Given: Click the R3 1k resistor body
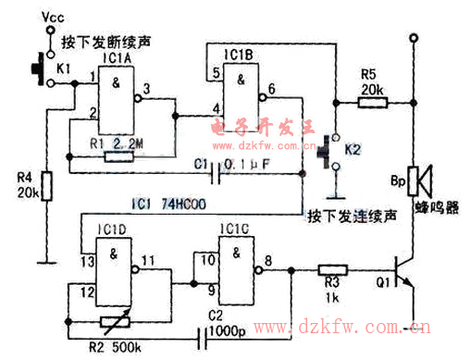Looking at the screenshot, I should tap(330, 272).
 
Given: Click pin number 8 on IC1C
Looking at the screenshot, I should tap(268, 261).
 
